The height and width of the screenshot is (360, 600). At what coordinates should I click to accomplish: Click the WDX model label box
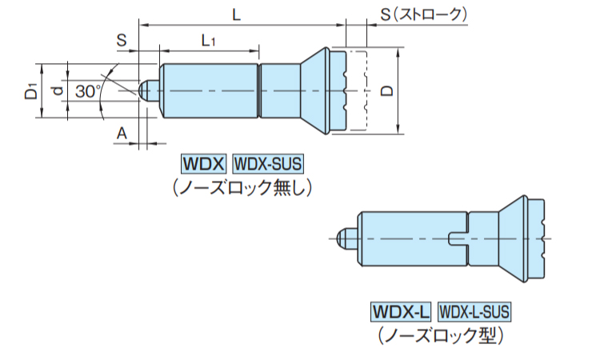click(203, 164)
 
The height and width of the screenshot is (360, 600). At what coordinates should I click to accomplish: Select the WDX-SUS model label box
click(268, 164)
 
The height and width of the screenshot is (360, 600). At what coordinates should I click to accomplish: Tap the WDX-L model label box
click(401, 311)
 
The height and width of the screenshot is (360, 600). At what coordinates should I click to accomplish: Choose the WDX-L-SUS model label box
click(474, 311)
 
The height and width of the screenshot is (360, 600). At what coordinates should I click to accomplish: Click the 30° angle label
click(88, 91)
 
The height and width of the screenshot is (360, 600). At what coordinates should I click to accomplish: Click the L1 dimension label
click(208, 40)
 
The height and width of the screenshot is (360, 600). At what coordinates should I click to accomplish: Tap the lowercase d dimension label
click(58, 91)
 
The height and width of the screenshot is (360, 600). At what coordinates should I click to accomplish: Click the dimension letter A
click(122, 134)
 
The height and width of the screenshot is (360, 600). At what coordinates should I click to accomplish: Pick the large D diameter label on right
click(387, 91)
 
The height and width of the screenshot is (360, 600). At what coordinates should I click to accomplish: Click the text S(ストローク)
click(424, 14)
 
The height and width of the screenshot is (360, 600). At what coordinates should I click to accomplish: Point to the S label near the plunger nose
click(122, 40)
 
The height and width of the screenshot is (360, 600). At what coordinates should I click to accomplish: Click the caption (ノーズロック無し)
click(242, 188)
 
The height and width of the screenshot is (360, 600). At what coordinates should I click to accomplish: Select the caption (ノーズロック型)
click(441, 335)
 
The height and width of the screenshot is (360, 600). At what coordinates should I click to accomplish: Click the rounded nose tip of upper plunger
click(143, 90)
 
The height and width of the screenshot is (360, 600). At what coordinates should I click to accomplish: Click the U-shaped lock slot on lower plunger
click(458, 238)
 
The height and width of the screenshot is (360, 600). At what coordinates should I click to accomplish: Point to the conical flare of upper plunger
click(314, 90)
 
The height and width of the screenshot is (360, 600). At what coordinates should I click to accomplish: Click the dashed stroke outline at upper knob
click(366, 90)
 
